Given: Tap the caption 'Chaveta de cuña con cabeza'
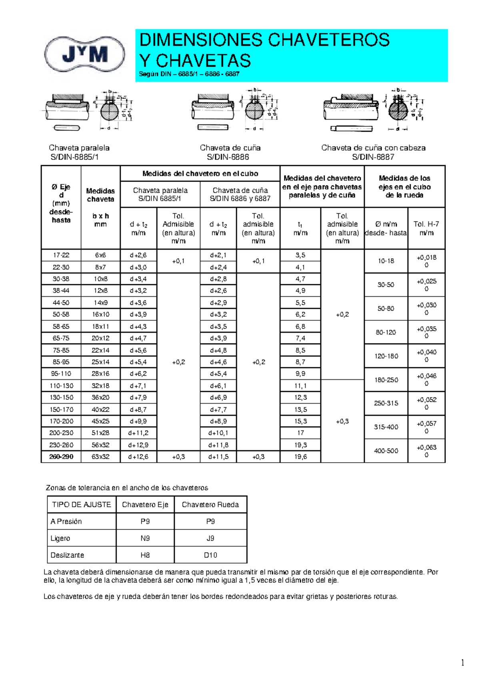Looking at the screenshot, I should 373,148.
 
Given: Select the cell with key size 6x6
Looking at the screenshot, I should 100,255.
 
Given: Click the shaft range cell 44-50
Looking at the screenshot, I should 61,303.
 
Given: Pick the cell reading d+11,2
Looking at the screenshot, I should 138,433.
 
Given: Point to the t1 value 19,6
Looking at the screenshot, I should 300,457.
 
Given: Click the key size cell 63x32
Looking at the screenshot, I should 100,457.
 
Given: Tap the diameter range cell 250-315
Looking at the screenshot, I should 386,403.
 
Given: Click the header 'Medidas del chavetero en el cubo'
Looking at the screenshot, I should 200,174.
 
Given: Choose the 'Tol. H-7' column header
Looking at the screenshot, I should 426,228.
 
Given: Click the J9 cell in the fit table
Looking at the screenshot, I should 210,538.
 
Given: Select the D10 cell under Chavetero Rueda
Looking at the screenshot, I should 210,555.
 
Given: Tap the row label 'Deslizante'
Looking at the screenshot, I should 67,555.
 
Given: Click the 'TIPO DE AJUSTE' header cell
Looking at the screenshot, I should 82,505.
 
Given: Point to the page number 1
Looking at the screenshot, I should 462,663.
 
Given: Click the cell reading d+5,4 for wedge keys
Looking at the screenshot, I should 218,374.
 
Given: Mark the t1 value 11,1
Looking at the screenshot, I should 300,386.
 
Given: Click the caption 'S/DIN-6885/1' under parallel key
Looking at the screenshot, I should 74,157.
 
